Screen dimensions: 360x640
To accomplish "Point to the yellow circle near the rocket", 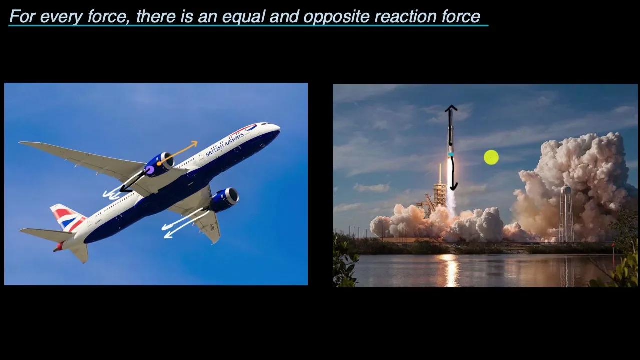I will (491, 158).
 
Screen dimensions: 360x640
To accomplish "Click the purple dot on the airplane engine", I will (149, 170).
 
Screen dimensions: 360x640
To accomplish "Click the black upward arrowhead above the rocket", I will (451, 109).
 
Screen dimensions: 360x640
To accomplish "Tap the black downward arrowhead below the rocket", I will (453, 187).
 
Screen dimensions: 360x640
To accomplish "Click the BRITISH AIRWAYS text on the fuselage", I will (225, 145).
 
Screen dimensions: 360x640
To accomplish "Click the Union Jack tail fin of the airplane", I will (67, 218).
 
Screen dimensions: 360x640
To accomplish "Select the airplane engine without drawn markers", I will (225, 198).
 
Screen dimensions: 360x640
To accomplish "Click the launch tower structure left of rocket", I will (439, 192).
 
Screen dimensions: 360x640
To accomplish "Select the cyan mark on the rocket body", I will (451, 154).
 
